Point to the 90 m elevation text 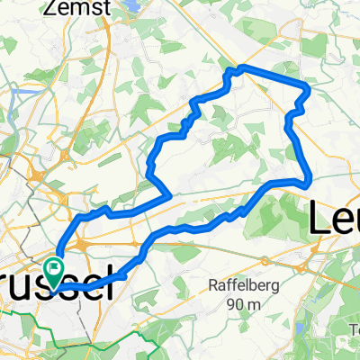(244, 305)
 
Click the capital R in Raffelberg (212, 288)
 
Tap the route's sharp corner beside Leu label (310, 180)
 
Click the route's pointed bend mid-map (170, 191)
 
